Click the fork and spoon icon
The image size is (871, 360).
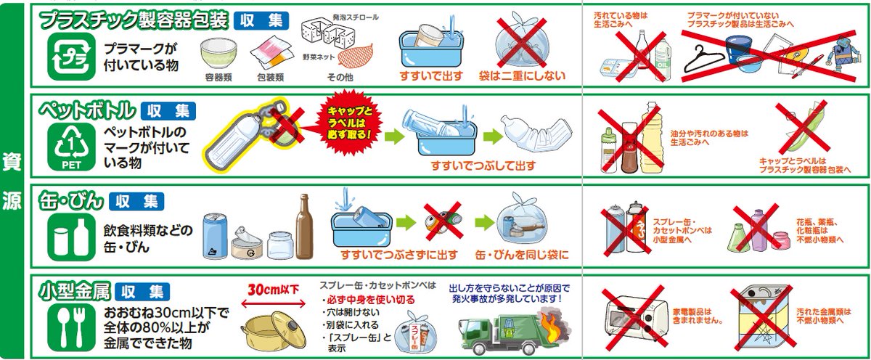click(68, 324)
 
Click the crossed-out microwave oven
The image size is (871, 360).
click(636, 318)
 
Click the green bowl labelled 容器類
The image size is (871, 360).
click(218, 53)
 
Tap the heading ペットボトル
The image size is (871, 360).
click(87, 111)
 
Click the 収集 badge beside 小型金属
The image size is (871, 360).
click(142, 292)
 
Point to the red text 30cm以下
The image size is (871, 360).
click(274, 289)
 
